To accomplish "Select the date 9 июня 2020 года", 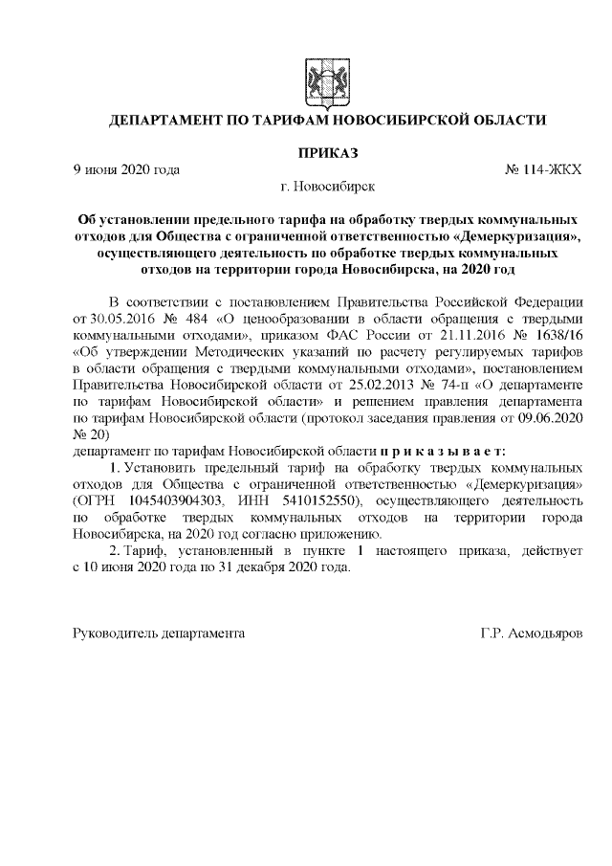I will pos(126,169).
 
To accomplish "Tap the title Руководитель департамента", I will pos(159,634).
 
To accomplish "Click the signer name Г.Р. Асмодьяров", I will pos(531,634).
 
